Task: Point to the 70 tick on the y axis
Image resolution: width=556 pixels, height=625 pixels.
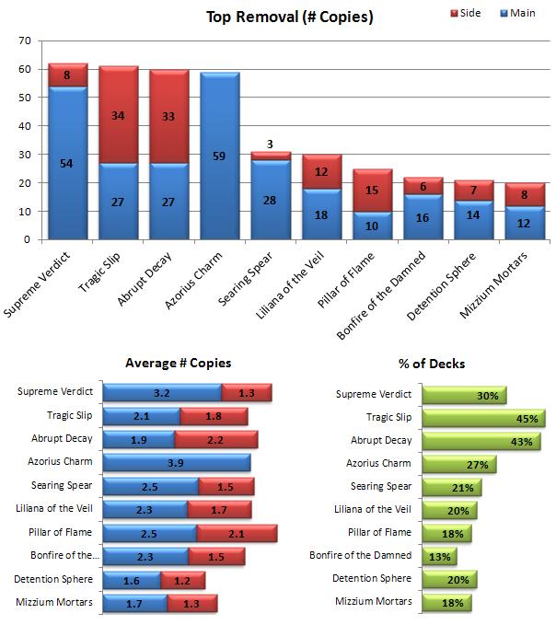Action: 25,41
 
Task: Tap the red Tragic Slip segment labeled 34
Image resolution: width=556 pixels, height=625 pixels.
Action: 119,115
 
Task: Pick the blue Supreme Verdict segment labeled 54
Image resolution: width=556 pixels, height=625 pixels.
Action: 68,163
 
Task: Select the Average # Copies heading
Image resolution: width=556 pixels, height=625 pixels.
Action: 178,364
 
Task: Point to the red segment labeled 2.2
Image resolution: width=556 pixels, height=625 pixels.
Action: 218,439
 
